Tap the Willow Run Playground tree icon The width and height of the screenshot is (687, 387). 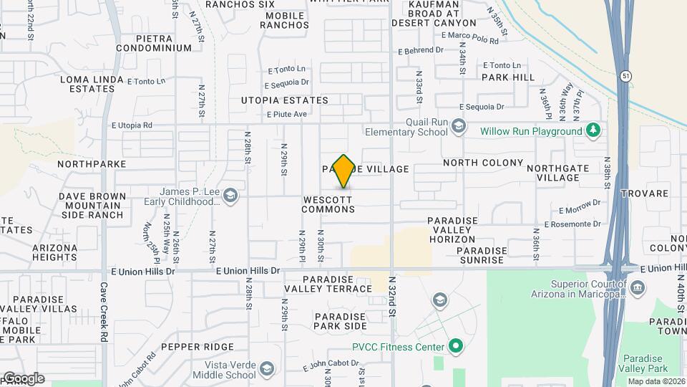[592, 130]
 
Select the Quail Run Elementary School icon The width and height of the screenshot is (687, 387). [458, 127]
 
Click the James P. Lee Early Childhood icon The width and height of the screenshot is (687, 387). [230, 196]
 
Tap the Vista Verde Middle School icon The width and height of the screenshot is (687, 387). [266, 369]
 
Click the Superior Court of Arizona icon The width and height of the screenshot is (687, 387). [638, 288]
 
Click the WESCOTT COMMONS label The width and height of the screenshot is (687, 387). [328, 204]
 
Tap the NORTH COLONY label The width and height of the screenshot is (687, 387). [483, 163]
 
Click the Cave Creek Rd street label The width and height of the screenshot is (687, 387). [104, 312]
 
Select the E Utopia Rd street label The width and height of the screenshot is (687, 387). [132, 125]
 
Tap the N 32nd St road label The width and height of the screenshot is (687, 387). [392, 297]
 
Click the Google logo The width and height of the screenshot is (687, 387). [24, 378]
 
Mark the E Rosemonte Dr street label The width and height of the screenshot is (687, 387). [572, 224]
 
